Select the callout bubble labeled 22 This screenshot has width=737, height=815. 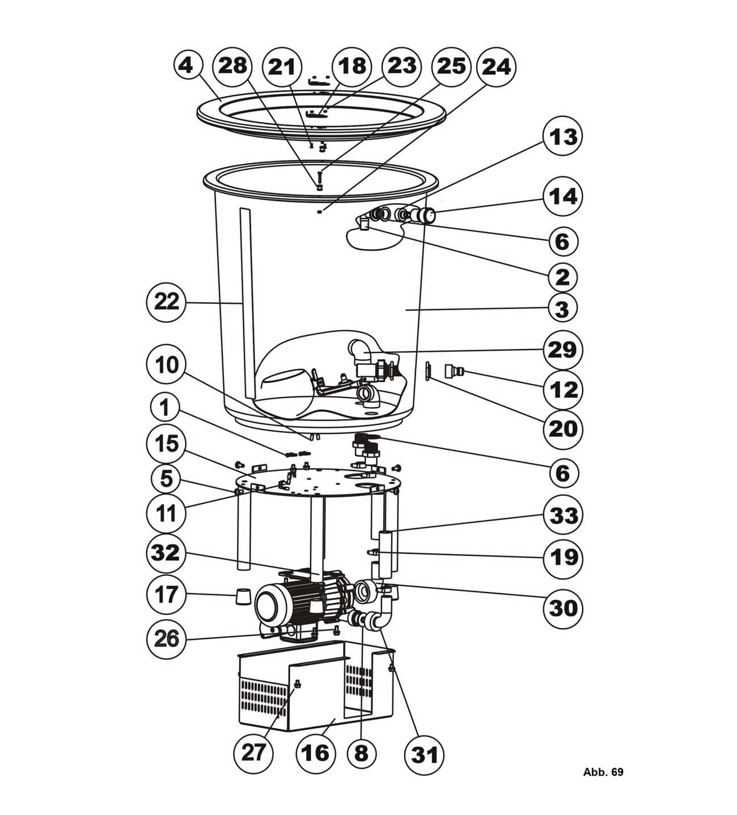pyautogui.click(x=166, y=302)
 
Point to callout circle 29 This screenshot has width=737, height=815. pyautogui.click(x=562, y=350)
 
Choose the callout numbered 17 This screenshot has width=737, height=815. pyautogui.click(x=166, y=595)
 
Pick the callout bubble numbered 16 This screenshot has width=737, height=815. pyautogui.click(x=315, y=753)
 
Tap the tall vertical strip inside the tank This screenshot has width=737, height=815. pyautogui.click(x=244, y=304)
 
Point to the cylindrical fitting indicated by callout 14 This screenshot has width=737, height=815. pyautogui.click(x=425, y=216)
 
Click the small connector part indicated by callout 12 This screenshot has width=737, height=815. pyautogui.click(x=454, y=372)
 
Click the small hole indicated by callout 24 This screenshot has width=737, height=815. pyautogui.click(x=320, y=212)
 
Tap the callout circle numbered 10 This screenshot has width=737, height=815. pyautogui.click(x=166, y=366)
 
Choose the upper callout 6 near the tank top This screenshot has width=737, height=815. pyautogui.click(x=561, y=241)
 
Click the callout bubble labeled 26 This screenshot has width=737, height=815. pyautogui.click(x=166, y=638)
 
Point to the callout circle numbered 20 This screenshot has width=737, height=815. pyautogui.click(x=562, y=429)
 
